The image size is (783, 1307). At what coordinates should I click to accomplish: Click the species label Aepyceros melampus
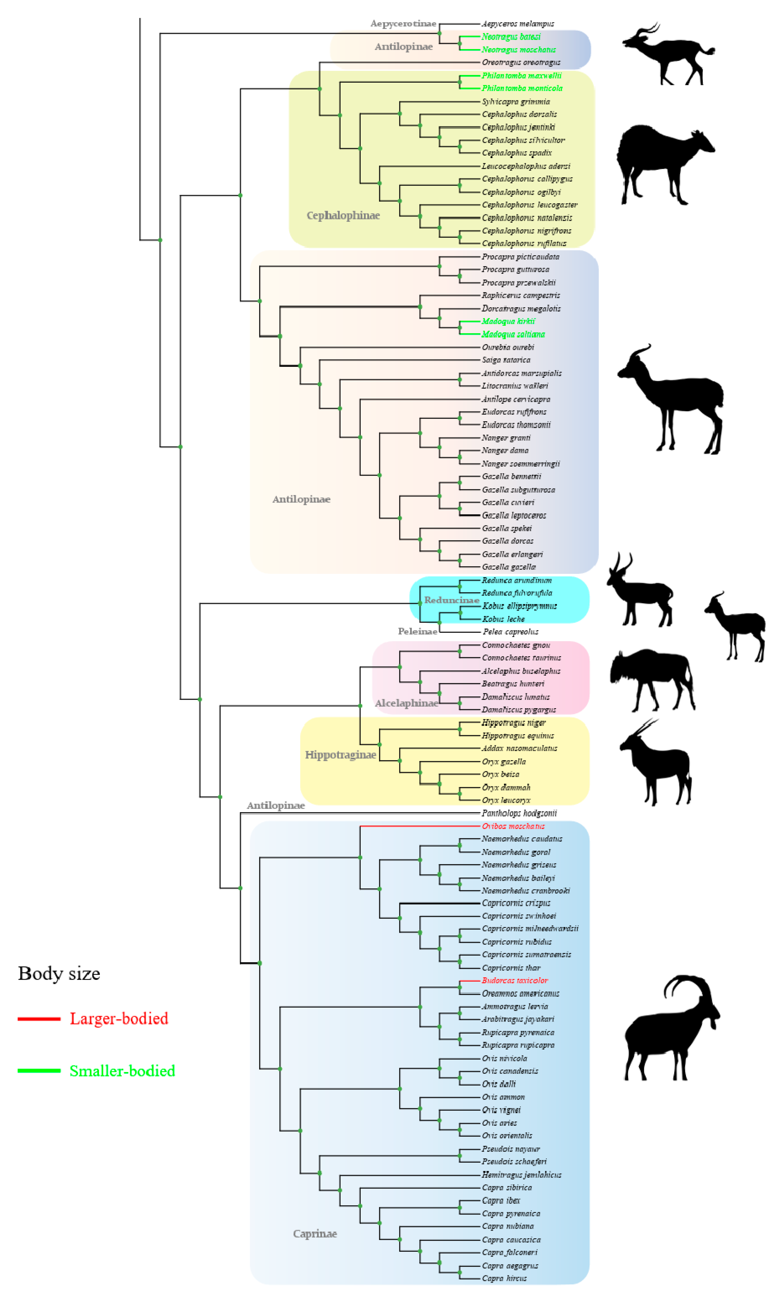pyautogui.click(x=518, y=24)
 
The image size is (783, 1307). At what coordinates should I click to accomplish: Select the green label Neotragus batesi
pyautogui.click(x=511, y=37)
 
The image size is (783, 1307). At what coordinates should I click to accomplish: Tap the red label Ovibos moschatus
pyautogui.click(x=513, y=826)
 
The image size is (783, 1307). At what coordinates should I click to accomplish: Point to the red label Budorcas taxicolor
pyautogui.click(x=514, y=981)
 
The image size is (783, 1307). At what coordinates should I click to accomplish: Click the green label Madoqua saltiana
pyautogui.click(x=513, y=334)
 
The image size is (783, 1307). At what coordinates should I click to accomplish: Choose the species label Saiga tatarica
pyautogui.click(x=505, y=360)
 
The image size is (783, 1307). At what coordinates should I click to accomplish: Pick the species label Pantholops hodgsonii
pyautogui.click(x=519, y=813)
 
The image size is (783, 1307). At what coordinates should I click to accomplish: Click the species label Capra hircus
pyautogui.click(x=504, y=1278)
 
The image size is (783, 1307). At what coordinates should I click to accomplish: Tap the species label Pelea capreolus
pyautogui.click(x=510, y=632)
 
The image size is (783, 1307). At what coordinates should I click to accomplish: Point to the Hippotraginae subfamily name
pyautogui.click(x=340, y=755)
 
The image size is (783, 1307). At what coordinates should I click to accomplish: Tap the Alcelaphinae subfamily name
pyautogui.click(x=406, y=703)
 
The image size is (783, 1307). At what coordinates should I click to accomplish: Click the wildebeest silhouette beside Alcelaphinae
pyautogui.click(x=652, y=678)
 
